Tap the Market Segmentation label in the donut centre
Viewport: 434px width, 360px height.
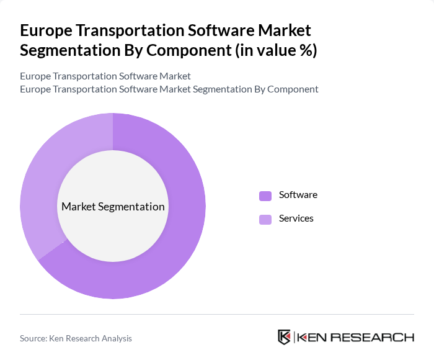pos(113,207)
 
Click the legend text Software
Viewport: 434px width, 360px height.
pos(298,195)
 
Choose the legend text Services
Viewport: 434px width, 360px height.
pos(296,218)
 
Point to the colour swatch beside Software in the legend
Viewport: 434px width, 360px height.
pos(265,196)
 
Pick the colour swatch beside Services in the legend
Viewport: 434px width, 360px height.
pos(265,219)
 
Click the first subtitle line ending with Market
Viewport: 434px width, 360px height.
pos(105,76)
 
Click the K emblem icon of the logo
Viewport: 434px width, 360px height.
pos(284,337)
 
